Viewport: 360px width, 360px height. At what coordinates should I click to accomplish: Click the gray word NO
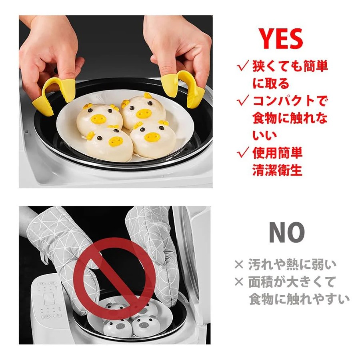[287, 232]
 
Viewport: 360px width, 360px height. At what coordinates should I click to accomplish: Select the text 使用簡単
[277, 153]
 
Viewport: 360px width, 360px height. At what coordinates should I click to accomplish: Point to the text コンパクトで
[290, 101]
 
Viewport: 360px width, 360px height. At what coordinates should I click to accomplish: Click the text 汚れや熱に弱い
[292, 265]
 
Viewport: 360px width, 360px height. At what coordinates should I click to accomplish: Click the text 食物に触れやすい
[299, 299]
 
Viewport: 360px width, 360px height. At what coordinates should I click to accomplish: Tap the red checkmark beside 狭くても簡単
[243, 66]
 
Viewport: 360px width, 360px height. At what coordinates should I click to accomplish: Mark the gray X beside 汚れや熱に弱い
[239, 265]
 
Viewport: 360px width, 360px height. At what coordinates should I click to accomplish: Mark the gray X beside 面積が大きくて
[239, 282]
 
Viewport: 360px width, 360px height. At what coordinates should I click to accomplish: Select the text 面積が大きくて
[292, 282]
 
